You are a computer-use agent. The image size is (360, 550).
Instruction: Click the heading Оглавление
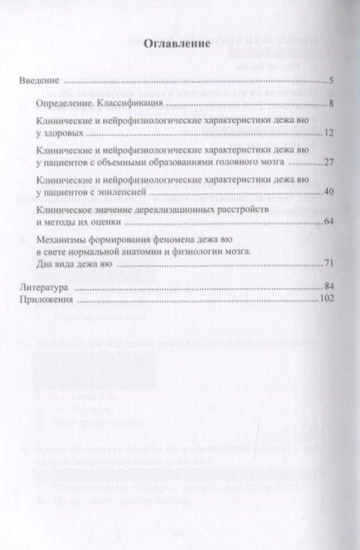pos(179,45)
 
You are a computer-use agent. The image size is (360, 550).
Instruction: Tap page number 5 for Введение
pos(331,83)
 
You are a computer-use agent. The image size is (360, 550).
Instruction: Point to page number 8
pos(331,104)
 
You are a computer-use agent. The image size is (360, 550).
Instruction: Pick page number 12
pos(329,136)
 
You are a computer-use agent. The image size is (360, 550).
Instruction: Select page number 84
pos(329,284)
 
